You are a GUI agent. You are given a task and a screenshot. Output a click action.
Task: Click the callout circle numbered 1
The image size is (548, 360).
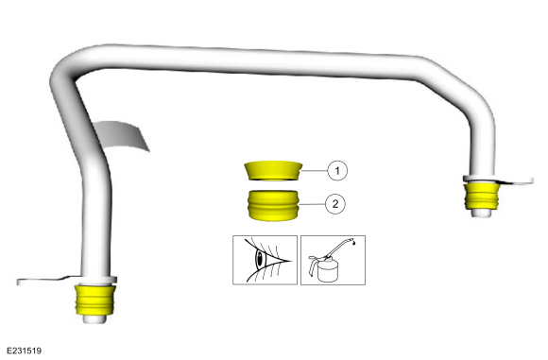[x=337, y=171]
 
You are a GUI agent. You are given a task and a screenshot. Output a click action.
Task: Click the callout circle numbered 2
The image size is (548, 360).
[x=335, y=204]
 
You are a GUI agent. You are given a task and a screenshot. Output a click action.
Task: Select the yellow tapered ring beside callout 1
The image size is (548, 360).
[x=273, y=171]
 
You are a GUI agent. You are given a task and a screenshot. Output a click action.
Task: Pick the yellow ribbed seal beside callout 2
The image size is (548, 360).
[x=273, y=206]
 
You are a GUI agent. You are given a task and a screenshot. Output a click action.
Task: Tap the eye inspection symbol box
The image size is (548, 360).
[x=265, y=260]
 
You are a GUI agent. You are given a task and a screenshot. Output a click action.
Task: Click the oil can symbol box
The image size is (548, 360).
[x=334, y=260]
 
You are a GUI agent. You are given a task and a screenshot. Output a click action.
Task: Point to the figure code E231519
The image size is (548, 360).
[x=24, y=351]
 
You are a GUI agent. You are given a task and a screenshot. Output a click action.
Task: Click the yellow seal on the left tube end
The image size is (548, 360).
[x=94, y=300]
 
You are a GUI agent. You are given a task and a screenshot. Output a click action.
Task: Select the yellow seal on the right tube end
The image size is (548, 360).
[x=482, y=196]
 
